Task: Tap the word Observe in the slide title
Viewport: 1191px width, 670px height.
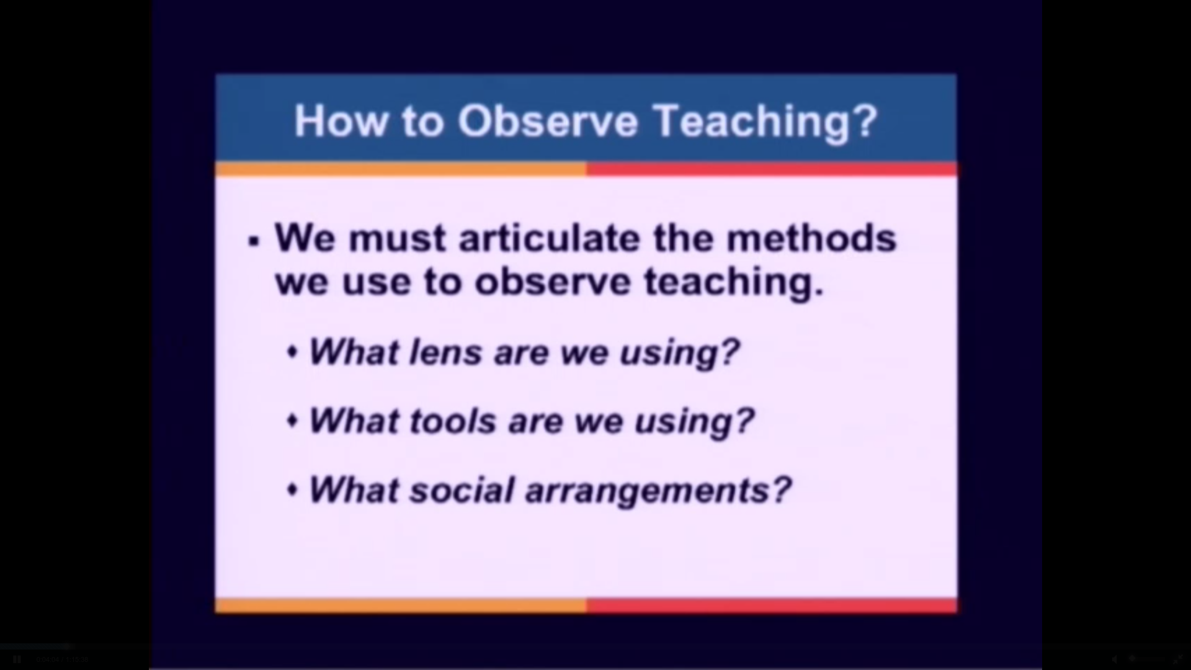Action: [548, 120]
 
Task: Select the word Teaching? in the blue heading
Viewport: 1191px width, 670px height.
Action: [766, 122]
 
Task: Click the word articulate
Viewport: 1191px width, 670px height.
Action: [549, 238]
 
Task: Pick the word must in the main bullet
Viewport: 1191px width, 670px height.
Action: [397, 239]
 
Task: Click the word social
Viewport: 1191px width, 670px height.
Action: [462, 490]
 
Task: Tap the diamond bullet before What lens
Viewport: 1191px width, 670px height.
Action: [293, 353]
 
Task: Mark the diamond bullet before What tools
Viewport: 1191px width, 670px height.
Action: [293, 422]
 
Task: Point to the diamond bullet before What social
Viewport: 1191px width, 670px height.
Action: [293, 491]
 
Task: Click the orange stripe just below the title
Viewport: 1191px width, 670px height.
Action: [401, 169]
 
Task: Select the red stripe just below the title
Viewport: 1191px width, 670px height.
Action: [772, 169]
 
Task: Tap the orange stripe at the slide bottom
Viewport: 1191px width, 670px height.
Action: [401, 605]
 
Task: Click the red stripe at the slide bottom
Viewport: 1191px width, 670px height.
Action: [772, 605]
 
